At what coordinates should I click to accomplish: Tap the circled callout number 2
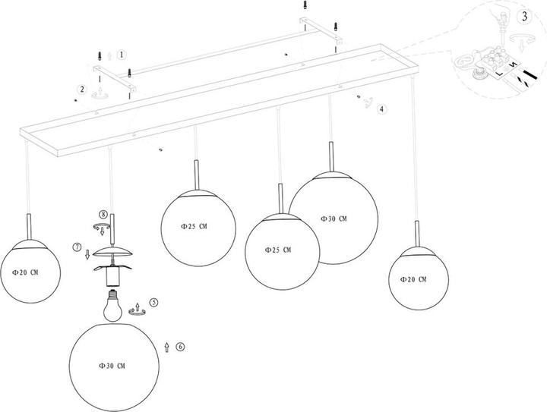point(82,90)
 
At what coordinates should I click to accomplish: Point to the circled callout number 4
point(382,109)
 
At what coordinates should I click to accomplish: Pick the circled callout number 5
point(153,302)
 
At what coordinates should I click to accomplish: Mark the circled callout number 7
point(77,247)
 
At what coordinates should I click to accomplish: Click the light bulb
point(114,303)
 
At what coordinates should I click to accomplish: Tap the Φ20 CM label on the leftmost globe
point(25,270)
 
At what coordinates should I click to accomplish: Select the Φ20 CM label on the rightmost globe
point(413,279)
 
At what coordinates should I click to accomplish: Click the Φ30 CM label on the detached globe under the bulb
point(111,366)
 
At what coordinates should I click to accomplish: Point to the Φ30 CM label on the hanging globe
point(333,219)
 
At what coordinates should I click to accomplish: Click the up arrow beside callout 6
point(166,347)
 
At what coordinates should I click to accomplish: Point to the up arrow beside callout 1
point(111,56)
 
